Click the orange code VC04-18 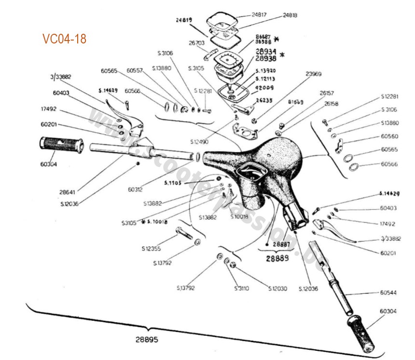click(x=64, y=39)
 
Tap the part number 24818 click(x=290, y=15)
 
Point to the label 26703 click(x=198, y=42)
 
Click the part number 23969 click(x=313, y=74)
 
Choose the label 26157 click(x=327, y=93)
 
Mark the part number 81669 click(x=295, y=102)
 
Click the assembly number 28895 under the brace click(x=147, y=339)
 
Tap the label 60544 click(x=388, y=292)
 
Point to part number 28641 click(x=67, y=192)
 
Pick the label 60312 click(x=136, y=190)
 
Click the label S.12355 click(x=151, y=249)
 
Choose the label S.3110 click(x=241, y=289)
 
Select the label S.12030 click(x=277, y=289)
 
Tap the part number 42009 click(x=265, y=87)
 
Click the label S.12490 click(x=199, y=142)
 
